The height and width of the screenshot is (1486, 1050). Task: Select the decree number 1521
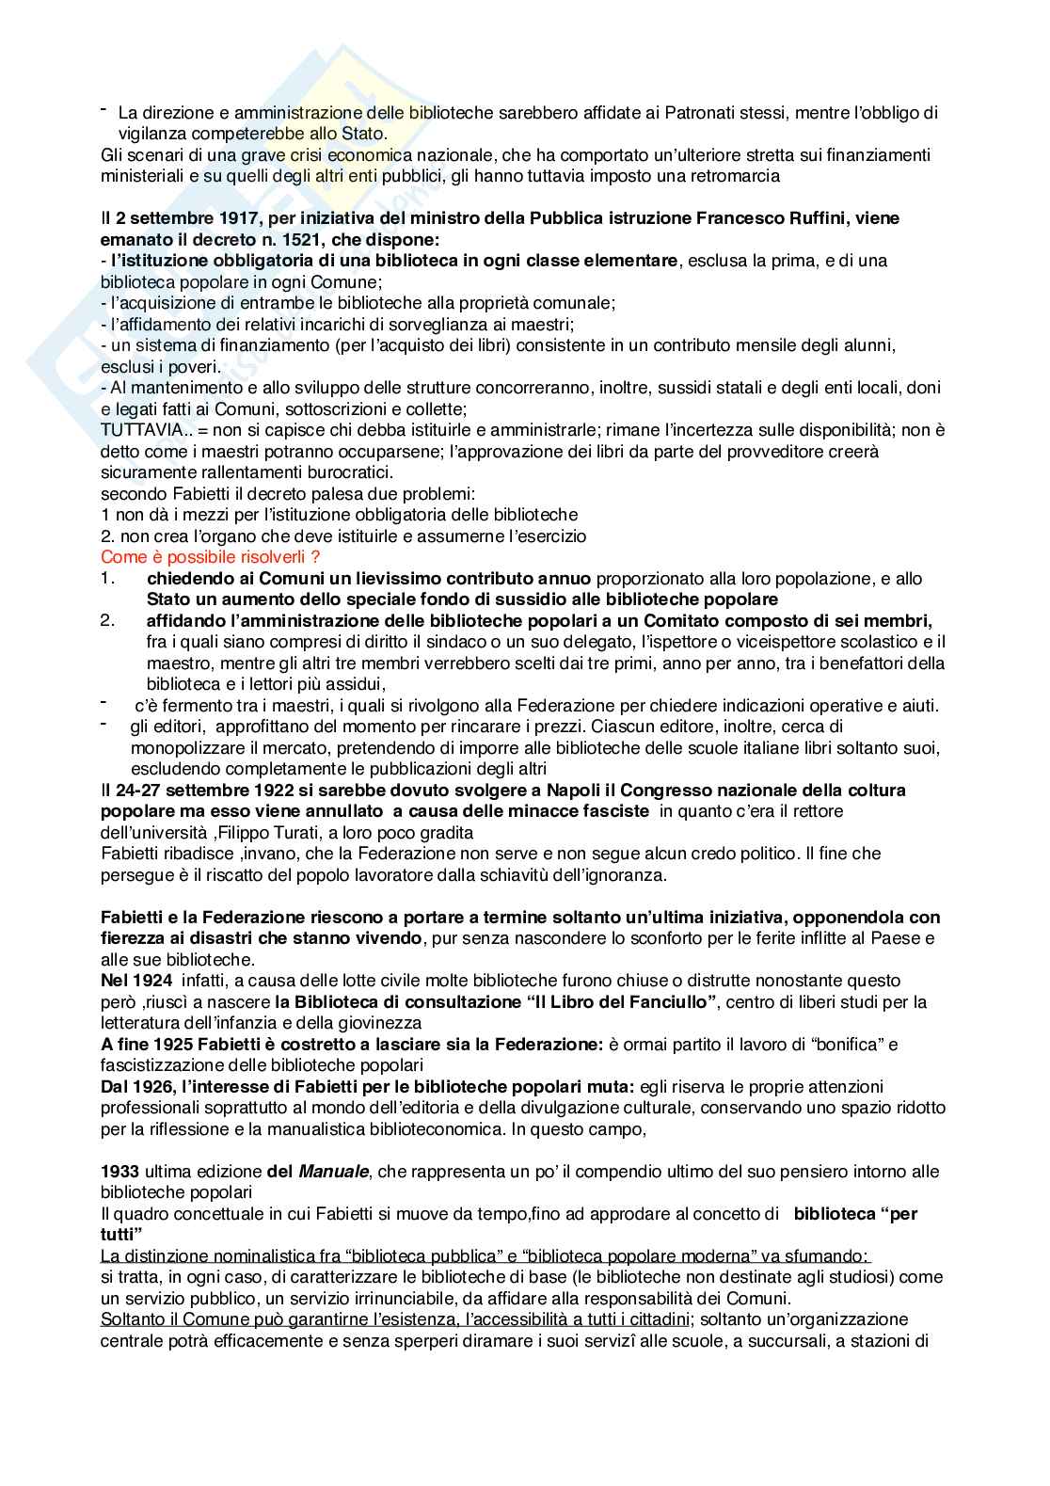(x=244, y=239)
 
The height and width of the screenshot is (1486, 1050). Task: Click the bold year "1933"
(x=119, y=1172)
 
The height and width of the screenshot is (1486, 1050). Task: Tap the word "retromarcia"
(x=737, y=176)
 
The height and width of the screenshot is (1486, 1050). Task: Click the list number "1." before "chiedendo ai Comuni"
(x=107, y=578)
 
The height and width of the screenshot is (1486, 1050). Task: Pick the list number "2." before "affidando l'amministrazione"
(x=107, y=620)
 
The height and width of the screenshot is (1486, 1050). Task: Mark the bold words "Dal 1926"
(x=134, y=1087)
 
